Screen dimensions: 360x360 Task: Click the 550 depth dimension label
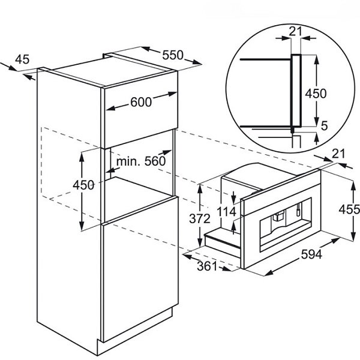coord(173,55)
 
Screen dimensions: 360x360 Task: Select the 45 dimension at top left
coord(22,59)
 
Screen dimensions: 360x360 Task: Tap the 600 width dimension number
coord(141,102)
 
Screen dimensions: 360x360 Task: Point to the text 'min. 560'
coord(141,161)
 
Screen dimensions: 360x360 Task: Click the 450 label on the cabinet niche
coord(83,185)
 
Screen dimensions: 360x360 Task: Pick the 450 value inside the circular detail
coord(316,94)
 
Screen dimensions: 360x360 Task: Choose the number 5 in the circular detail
coord(324,125)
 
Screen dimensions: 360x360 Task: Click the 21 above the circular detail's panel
coord(295,31)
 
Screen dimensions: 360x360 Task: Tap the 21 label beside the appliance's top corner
coord(338,154)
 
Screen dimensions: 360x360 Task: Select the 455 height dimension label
coord(349,209)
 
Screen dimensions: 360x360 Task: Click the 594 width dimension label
coord(312,254)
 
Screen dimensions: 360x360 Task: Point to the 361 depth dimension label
coord(207,266)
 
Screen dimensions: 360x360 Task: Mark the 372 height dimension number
coord(200,218)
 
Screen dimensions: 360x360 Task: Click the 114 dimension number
coord(226,211)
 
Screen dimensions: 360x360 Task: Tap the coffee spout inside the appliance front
coord(278,216)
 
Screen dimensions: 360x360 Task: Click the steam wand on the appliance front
coord(298,209)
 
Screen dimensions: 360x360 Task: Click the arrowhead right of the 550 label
coord(197,62)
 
